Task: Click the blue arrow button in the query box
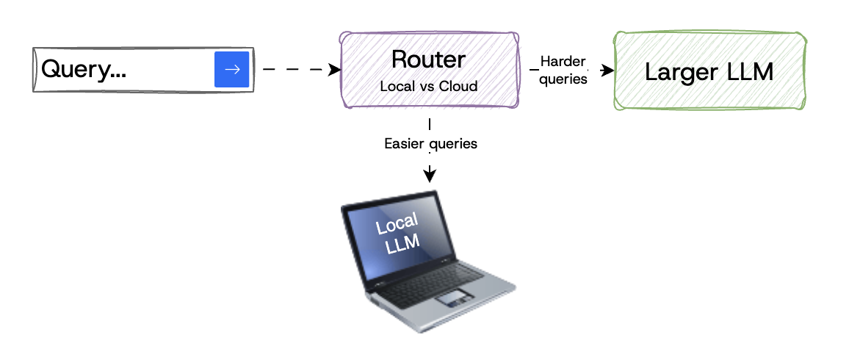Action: coord(232,70)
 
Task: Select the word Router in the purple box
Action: coord(428,60)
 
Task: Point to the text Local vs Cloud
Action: coord(428,86)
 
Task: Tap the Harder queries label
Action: coord(563,70)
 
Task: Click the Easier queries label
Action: coord(430,143)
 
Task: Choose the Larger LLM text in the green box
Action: coord(709,71)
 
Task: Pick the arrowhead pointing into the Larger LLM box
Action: coord(607,71)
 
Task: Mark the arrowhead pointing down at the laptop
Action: coord(430,176)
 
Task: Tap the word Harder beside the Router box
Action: coord(563,62)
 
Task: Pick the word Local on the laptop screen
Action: coord(397,224)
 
